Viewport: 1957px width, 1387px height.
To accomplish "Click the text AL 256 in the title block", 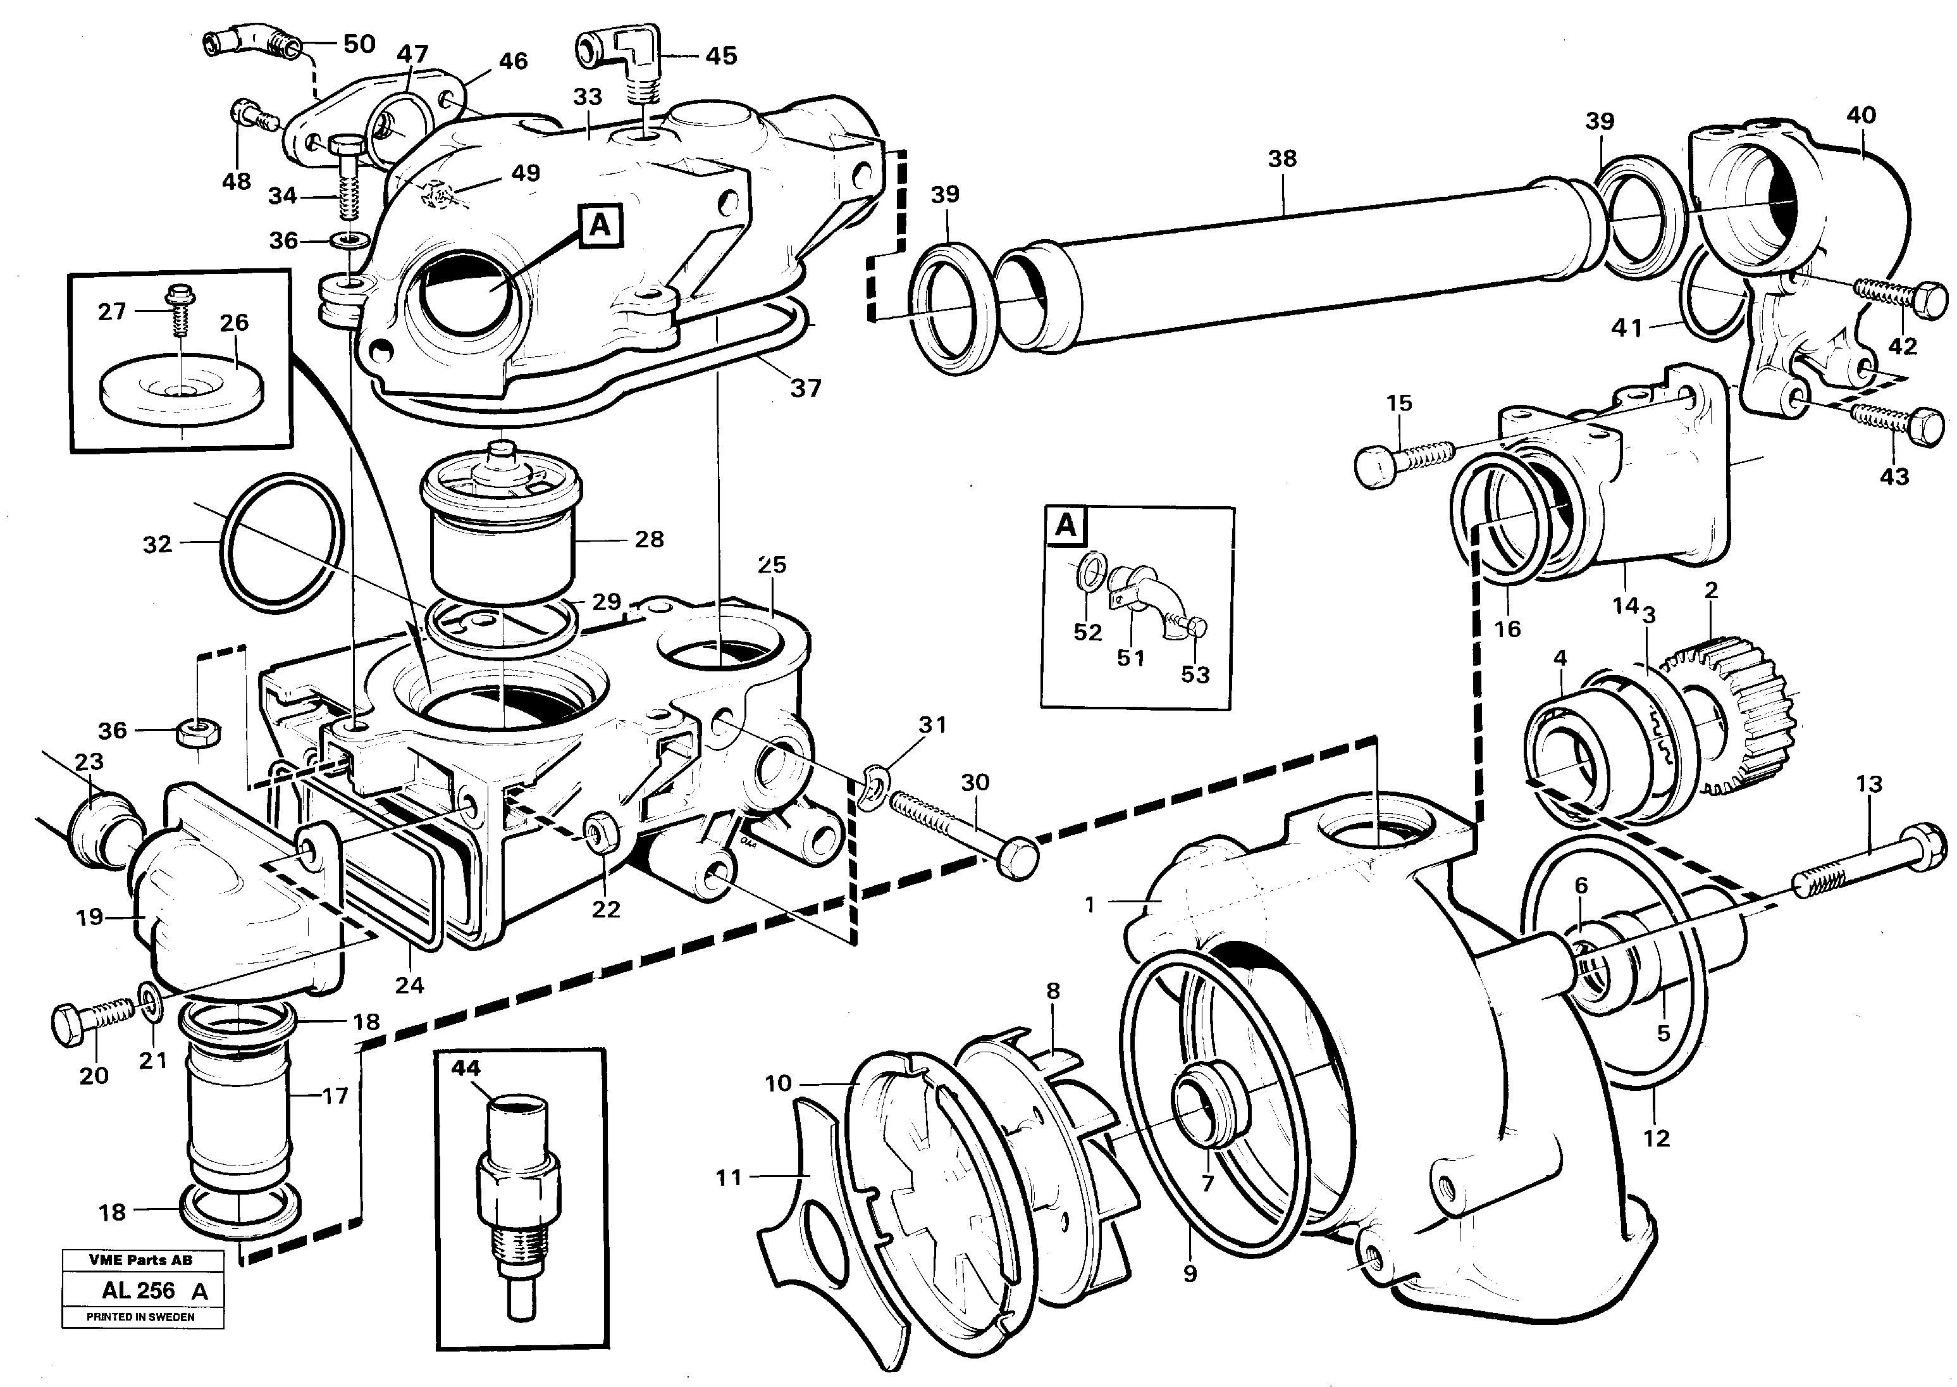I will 139,1290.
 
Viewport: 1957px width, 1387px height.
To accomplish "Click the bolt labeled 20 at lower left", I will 92,1018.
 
